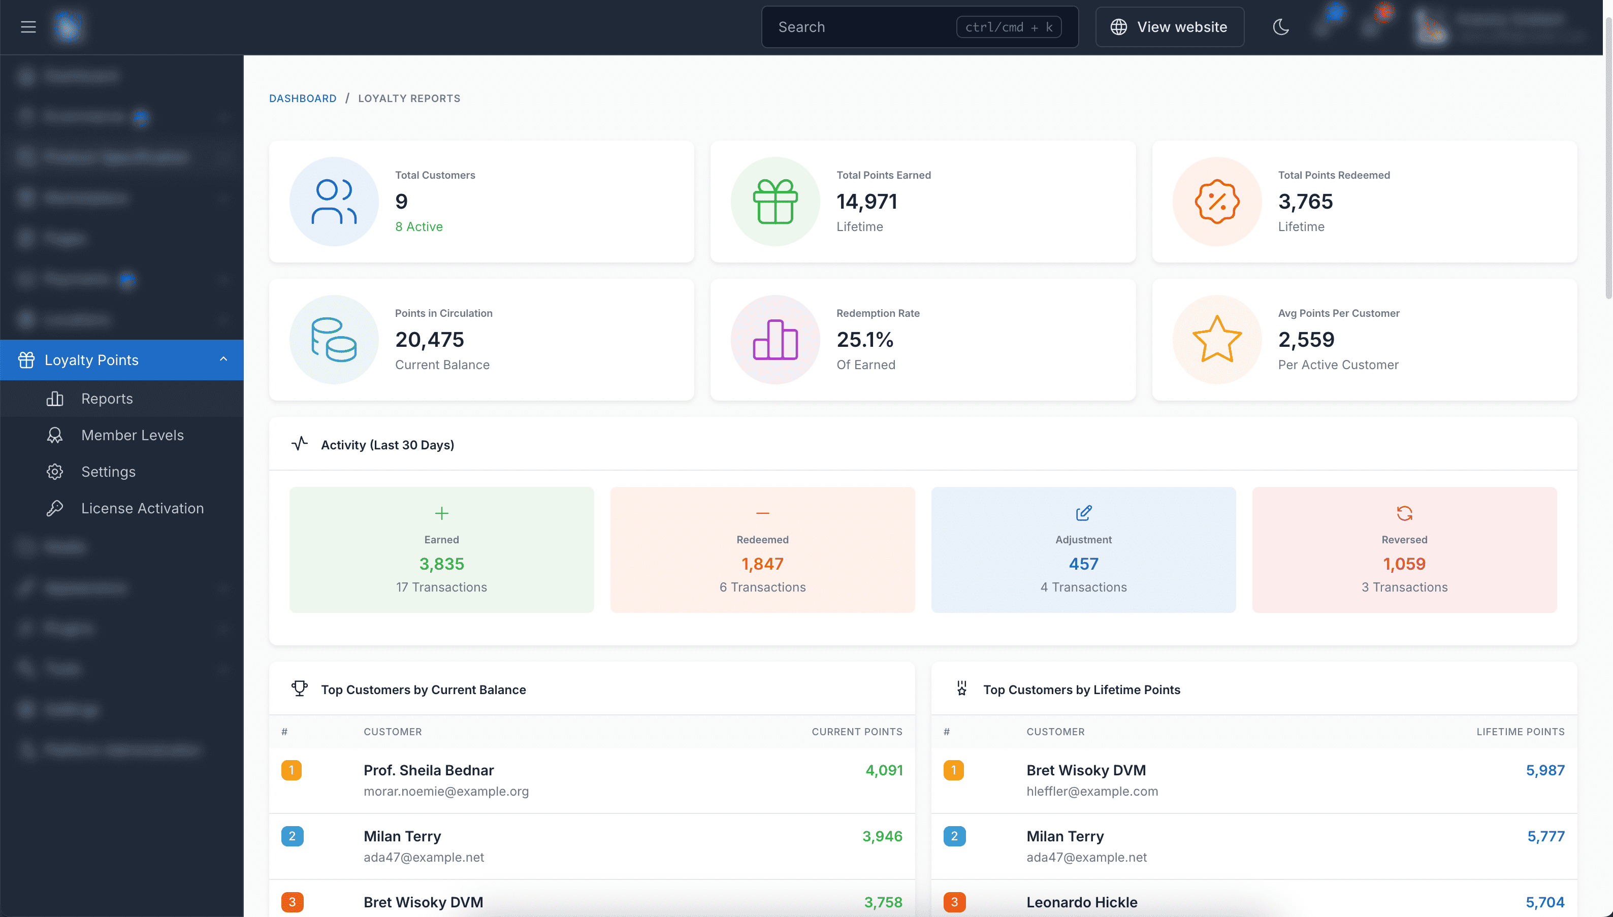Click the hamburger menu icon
coord(28,27)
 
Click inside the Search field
coord(863,27)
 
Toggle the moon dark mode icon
coord(1280,27)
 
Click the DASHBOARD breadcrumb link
coord(302,99)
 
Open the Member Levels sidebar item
coord(132,435)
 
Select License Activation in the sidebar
coord(142,508)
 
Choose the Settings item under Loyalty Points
coord(108,472)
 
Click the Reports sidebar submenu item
coord(107,399)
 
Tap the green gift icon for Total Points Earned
coord(776,202)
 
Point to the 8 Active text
coord(419,227)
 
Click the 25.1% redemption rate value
coord(865,340)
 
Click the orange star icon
coord(1217,340)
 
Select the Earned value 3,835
coord(441,564)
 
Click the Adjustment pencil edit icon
coord(1083,513)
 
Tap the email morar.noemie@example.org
coord(446,791)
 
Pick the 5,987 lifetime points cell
coord(1545,770)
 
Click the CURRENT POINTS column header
coord(857,732)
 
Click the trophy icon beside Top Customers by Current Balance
coord(300,689)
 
